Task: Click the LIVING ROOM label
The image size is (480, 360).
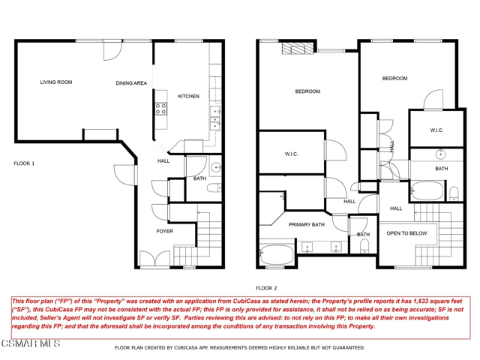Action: pyautogui.click(x=55, y=82)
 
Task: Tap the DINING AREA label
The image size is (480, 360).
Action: pyautogui.click(x=131, y=83)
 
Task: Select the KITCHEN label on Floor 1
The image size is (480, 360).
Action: pyautogui.click(x=187, y=97)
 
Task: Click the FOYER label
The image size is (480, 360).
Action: pyautogui.click(x=164, y=231)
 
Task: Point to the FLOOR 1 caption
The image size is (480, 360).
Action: pyautogui.click(x=24, y=163)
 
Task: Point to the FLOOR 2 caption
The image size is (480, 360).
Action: pyautogui.click(x=266, y=288)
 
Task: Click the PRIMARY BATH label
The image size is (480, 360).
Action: pyautogui.click(x=307, y=224)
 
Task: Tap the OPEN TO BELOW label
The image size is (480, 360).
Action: pyautogui.click(x=406, y=233)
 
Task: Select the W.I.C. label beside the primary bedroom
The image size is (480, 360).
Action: pyautogui.click(x=292, y=154)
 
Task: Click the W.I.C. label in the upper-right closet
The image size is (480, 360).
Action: pyautogui.click(x=436, y=130)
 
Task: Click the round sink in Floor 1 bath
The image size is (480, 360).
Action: pyautogui.click(x=216, y=167)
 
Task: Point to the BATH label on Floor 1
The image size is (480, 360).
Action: pyautogui.click(x=199, y=178)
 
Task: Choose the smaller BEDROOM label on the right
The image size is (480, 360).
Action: pyautogui.click(x=394, y=79)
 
